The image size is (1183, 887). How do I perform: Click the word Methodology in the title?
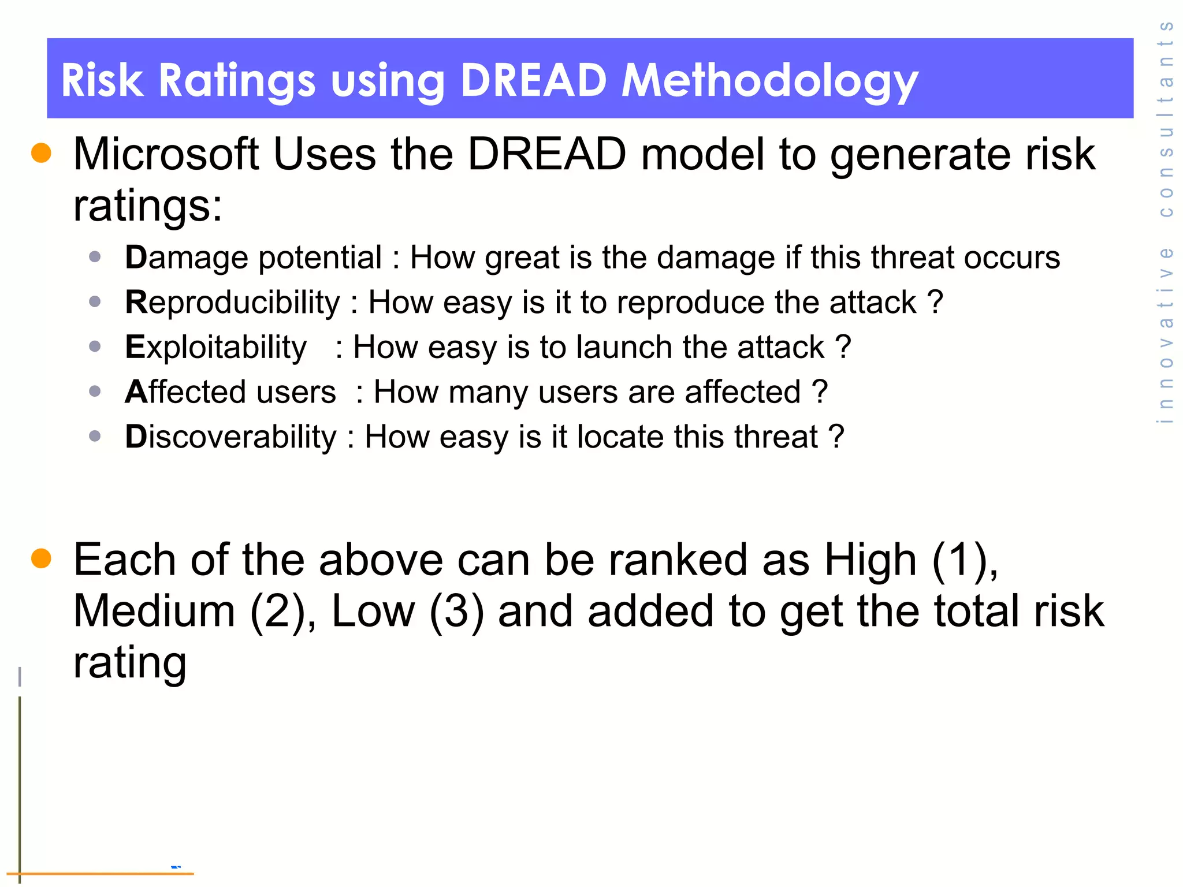point(769,81)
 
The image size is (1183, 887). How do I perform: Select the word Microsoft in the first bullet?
point(166,154)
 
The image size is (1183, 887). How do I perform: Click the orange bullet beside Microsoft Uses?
point(41,153)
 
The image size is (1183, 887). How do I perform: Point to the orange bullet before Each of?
point(41,558)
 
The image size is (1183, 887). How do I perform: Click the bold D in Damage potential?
point(136,257)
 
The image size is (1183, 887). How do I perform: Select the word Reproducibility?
point(233,302)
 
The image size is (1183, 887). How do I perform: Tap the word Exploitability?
point(216,347)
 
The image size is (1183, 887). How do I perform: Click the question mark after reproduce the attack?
point(935,302)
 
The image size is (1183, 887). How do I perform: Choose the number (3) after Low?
point(456,611)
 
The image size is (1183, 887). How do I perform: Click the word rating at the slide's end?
point(130,662)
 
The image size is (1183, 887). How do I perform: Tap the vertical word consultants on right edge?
point(1166,118)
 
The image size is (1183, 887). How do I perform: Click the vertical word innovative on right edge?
point(1166,335)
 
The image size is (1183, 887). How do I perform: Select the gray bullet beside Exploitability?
point(95,346)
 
